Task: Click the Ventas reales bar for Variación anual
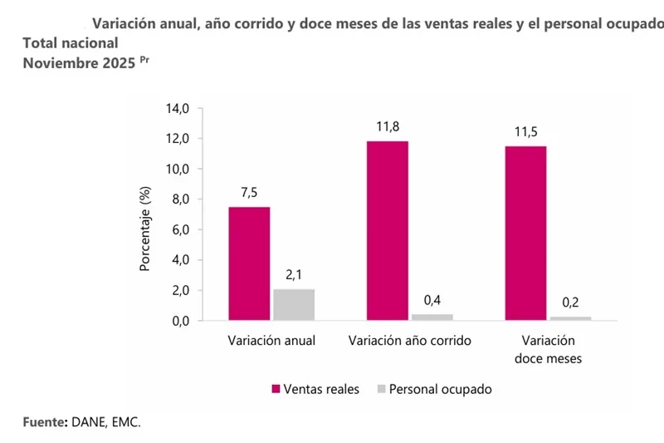click(x=249, y=263)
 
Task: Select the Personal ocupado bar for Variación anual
click(x=294, y=304)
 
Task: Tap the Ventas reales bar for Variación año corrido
click(x=387, y=230)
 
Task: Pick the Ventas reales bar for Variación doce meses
click(x=525, y=233)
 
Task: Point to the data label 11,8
click(x=387, y=126)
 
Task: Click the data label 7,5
click(x=249, y=192)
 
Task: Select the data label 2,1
click(x=294, y=274)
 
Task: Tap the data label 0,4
click(x=432, y=300)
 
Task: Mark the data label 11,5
click(x=525, y=131)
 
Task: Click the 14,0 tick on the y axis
click(x=178, y=108)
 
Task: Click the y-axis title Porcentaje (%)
click(x=144, y=230)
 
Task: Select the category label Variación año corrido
click(x=410, y=341)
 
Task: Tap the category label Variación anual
click(x=271, y=341)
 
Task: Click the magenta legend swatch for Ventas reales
click(x=276, y=389)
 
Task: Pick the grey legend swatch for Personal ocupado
click(x=381, y=389)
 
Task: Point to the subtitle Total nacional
click(x=70, y=43)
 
